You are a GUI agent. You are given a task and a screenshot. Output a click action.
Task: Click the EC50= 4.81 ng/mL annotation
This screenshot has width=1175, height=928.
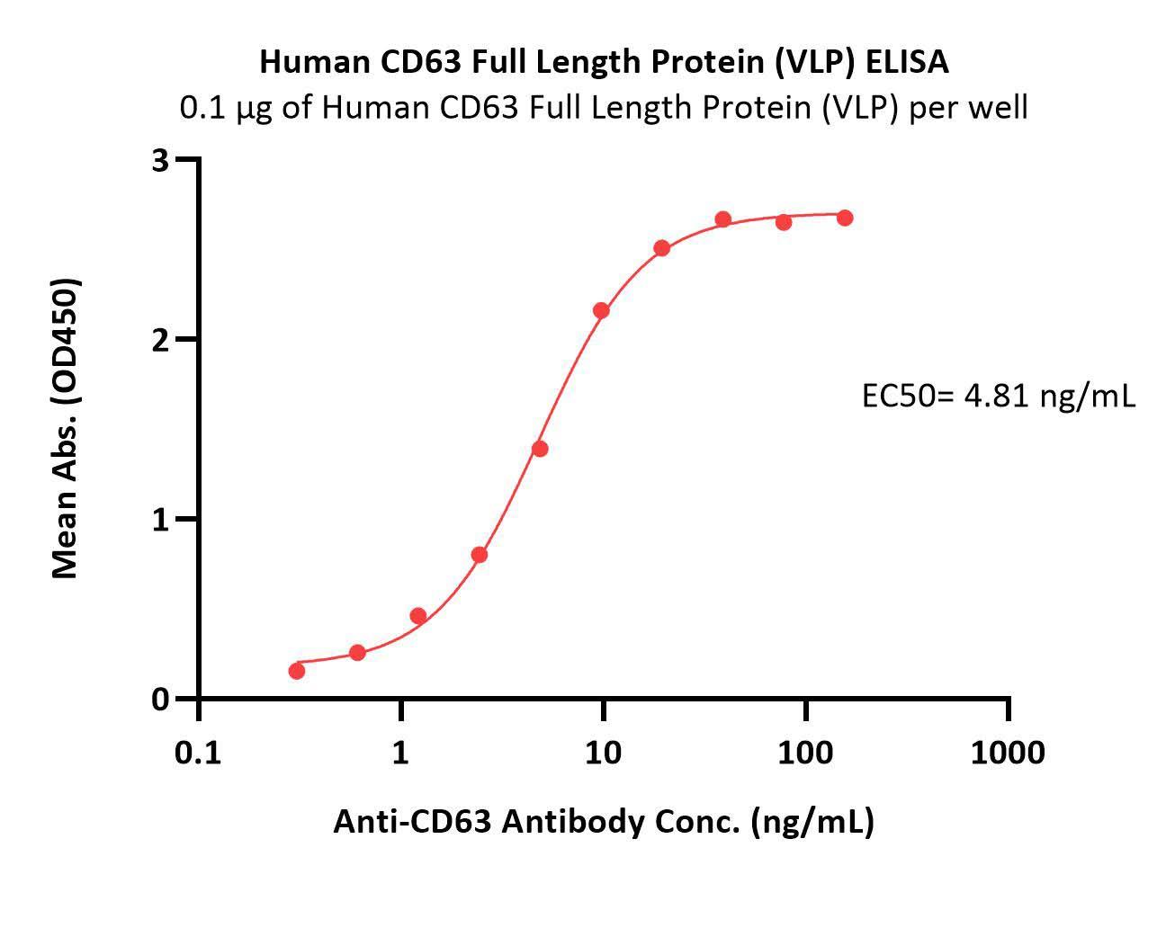click(998, 396)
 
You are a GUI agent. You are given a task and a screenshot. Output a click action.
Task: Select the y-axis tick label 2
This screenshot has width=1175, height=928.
click(161, 340)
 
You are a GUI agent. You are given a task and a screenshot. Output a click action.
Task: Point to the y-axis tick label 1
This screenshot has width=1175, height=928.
click(161, 520)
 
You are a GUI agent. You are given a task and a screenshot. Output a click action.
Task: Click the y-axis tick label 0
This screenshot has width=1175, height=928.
click(161, 699)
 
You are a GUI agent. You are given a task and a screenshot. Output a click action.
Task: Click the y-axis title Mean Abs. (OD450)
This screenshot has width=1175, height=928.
click(65, 428)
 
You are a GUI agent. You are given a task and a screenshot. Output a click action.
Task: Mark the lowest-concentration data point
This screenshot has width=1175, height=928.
click(297, 671)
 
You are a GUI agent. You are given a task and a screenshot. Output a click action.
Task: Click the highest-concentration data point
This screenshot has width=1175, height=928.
click(845, 218)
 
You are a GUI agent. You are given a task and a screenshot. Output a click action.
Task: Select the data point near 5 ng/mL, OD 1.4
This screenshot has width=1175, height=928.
click(540, 449)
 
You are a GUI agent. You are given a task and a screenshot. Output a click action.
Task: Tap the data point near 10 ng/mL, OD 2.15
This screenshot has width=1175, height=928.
click(601, 311)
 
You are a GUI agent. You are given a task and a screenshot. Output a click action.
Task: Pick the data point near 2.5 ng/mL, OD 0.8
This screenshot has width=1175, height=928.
click(480, 555)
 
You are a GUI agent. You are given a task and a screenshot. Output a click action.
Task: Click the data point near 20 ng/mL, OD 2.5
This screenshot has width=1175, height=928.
click(662, 248)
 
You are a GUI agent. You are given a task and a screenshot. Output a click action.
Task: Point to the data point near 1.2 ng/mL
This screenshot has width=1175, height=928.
click(418, 616)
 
